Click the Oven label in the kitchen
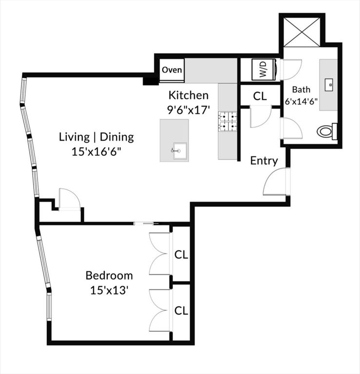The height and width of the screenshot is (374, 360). [171, 70]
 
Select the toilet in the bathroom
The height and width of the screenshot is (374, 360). [327, 131]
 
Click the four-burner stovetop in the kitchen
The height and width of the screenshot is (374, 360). [227, 121]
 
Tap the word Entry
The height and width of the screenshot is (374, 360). [264, 161]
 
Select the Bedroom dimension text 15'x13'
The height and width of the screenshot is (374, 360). [109, 291]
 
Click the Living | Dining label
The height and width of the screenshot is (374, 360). [96, 136]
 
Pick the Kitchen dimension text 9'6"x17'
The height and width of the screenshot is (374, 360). [189, 110]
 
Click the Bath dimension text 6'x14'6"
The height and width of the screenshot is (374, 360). [302, 103]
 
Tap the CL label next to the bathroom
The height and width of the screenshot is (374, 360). [260, 95]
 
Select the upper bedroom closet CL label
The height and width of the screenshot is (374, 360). [181, 255]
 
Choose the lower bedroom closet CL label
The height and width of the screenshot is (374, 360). [181, 310]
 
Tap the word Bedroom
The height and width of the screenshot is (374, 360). [109, 275]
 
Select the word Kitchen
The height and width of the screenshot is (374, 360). [189, 95]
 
